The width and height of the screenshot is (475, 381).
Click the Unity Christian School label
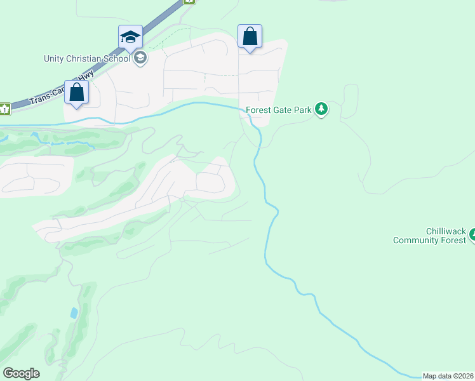[86, 58]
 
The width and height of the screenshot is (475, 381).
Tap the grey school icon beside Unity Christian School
[140, 59]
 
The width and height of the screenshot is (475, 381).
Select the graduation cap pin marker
[130, 37]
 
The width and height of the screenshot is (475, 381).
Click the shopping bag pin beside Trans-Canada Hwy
[77, 93]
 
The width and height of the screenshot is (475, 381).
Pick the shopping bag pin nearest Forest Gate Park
[250, 37]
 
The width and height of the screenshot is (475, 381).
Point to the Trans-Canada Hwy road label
[64, 88]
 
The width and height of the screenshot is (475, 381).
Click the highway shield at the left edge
[4, 109]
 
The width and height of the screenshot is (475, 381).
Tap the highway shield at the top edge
[189, 1]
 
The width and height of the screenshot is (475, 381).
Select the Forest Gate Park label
[279, 110]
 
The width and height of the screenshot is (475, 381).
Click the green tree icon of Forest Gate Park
[322, 109]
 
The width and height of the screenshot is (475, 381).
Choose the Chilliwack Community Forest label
[429, 236]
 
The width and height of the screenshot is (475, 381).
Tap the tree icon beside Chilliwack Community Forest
[472, 236]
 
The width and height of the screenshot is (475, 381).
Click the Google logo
[21, 373]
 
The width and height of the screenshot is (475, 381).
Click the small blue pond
[74, 313]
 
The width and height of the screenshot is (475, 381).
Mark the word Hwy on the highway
[87, 75]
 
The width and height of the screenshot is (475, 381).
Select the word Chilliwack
[446, 231]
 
